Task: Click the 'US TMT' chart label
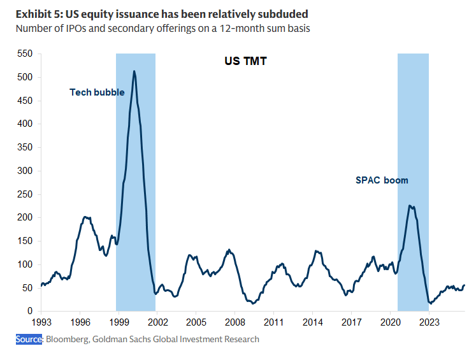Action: tap(245, 62)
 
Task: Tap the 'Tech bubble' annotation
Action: tap(97, 92)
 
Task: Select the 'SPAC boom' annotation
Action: tap(382, 180)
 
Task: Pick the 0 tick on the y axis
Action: tap(29, 311)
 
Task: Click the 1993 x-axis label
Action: tap(41, 322)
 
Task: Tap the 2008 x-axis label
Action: tap(234, 322)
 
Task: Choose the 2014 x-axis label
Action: tap(312, 322)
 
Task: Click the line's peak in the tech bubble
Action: tap(134, 71)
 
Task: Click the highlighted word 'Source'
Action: tap(29, 339)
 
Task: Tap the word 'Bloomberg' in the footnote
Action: tap(66, 339)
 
